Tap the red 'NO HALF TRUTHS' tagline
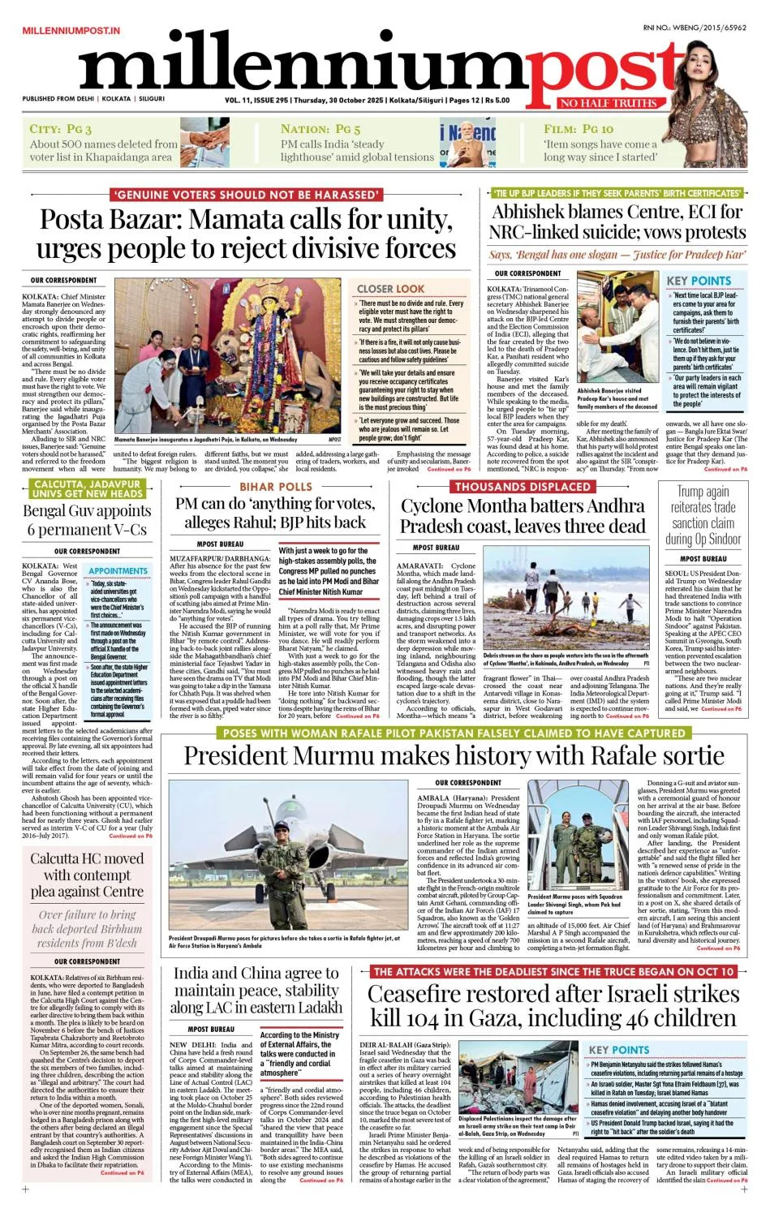(x=609, y=103)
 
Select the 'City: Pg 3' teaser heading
(x=60, y=129)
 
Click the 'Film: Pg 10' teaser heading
(x=579, y=129)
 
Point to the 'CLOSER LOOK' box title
(x=390, y=288)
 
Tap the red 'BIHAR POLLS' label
(x=276, y=487)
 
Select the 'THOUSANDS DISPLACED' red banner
(x=523, y=487)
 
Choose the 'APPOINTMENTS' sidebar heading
(x=118, y=571)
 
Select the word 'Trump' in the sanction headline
(x=693, y=492)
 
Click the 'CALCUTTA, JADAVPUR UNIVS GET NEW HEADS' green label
(x=87, y=488)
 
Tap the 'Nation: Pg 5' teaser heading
(x=320, y=129)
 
